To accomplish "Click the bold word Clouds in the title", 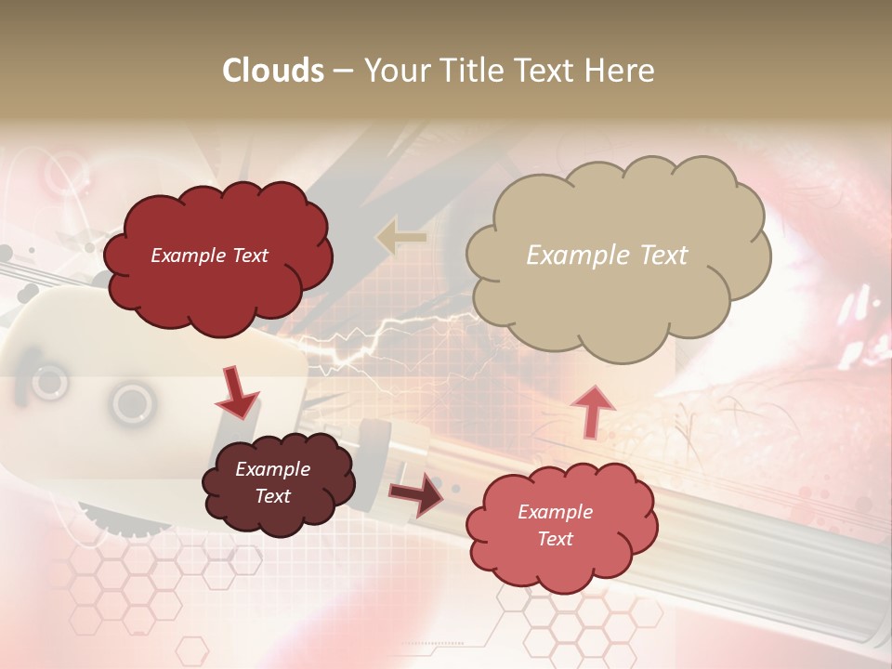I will (x=273, y=71).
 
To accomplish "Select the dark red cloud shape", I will (x=217, y=256).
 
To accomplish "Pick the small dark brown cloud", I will (x=279, y=483).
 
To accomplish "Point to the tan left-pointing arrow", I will (x=400, y=237).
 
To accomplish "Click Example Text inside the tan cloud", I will (x=607, y=255).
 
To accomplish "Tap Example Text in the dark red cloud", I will (x=209, y=256).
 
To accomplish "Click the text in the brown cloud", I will (x=272, y=482).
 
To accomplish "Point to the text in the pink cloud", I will (x=555, y=525).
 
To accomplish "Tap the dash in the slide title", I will (x=343, y=71).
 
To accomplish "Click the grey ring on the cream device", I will (x=132, y=402).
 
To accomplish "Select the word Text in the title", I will (x=550, y=71).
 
